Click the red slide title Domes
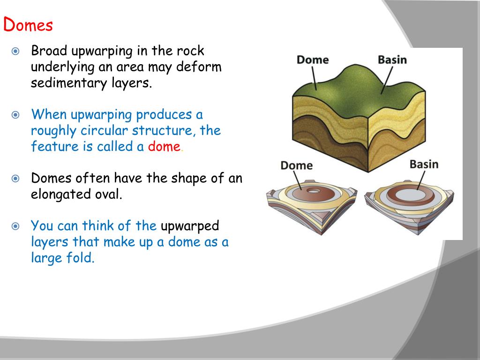tap(28, 24)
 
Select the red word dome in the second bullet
tap(164, 146)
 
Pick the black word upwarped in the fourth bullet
tap(190, 226)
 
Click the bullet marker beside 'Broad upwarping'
tap(16, 51)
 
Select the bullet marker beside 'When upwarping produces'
tap(16, 115)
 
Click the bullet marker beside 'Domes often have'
tap(16, 179)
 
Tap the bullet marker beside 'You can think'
tap(16, 226)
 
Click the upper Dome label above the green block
tap(313, 60)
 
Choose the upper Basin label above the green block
tap(392, 60)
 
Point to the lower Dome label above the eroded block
tap(296, 165)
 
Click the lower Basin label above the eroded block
tap(424, 164)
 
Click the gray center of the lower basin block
tap(407, 194)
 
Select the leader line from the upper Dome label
tap(314, 78)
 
